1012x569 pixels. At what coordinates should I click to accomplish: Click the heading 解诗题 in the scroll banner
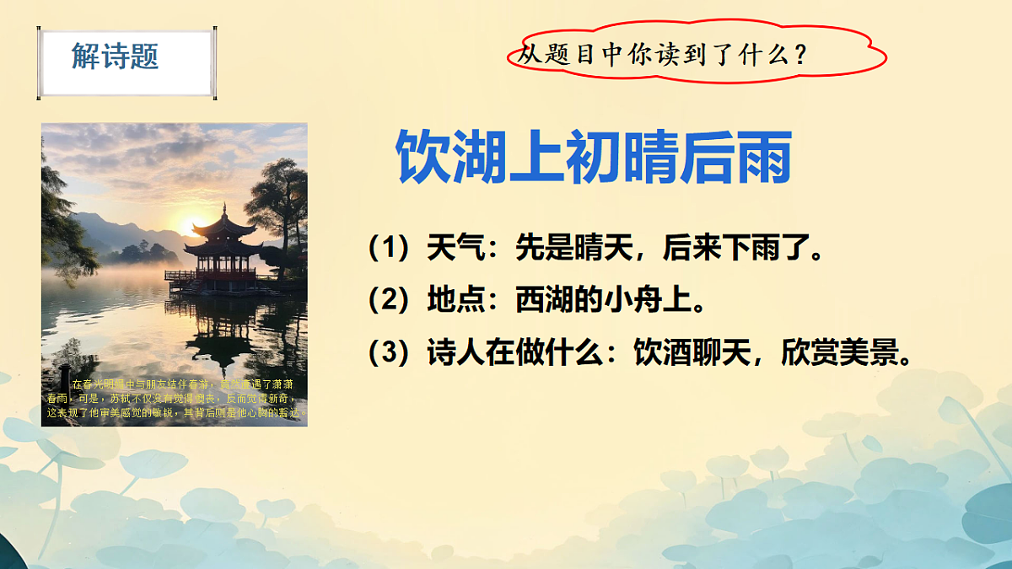[116, 56]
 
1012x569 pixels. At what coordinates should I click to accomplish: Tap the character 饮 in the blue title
[423, 157]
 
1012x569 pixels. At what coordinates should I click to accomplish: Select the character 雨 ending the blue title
[762, 157]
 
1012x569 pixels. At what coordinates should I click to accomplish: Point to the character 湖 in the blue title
[480, 157]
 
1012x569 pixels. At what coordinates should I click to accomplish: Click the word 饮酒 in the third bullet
[661, 352]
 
